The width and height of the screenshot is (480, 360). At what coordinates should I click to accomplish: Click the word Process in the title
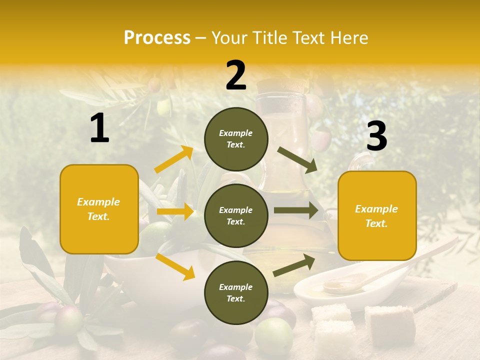(x=157, y=38)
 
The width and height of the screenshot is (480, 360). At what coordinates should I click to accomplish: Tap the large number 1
(x=99, y=128)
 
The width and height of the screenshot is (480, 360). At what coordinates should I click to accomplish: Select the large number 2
(x=236, y=75)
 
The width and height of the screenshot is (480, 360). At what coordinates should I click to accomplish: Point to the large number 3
(x=376, y=136)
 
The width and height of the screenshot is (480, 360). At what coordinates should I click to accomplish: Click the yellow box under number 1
(x=99, y=209)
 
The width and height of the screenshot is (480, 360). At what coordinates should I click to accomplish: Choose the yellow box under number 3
(x=377, y=216)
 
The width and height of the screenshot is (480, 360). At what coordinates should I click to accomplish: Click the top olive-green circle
(x=236, y=139)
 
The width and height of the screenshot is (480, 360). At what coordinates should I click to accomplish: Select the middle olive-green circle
(x=236, y=216)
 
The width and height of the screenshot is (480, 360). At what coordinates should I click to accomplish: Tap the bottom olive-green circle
(x=236, y=293)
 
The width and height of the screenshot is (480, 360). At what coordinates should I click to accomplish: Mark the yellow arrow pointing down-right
(x=175, y=266)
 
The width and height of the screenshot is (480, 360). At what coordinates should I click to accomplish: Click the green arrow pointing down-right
(x=297, y=160)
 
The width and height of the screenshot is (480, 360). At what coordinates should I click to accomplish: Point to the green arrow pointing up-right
(x=294, y=265)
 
